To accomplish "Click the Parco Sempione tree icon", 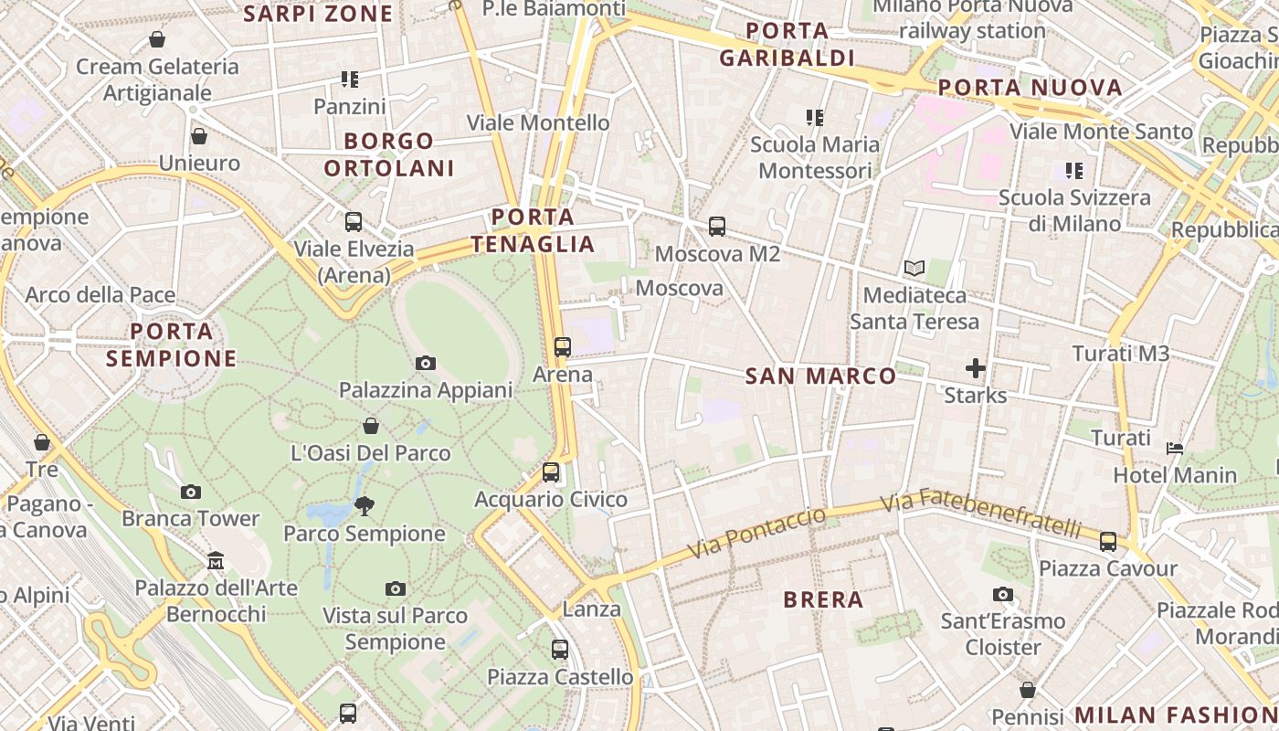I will pyautogui.click(x=365, y=505).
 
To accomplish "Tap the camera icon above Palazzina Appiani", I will pyautogui.click(x=425, y=364).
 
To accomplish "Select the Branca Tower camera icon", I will pyautogui.click(x=190, y=493).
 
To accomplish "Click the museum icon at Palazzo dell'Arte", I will pyautogui.click(x=216, y=559).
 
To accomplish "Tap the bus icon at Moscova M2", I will pyautogui.click(x=716, y=227).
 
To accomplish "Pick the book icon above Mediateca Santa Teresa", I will pyautogui.click(x=914, y=269).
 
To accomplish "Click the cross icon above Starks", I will pyautogui.click(x=976, y=368).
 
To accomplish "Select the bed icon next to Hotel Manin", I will pyautogui.click(x=1175, y=449).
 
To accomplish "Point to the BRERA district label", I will pyautogui.click(x=823, y=600).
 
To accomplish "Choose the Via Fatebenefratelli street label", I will pyautogui.click(x=980, y=514).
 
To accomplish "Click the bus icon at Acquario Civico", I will pyautogui.click(x=550, y=472).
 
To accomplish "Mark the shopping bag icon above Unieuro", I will pyautogui.click(x=198, y=137).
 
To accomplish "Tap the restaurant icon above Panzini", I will pyautogui.click(x=349, y=80).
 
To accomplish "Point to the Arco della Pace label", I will pyautogui.click(x=100, y=295).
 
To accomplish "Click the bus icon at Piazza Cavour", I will pyautogui.click(x=1108, y=542).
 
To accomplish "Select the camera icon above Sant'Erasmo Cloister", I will pyautogui.click(x=1003, y=595).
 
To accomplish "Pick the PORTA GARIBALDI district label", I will pyautogui.click(x=787, y=45).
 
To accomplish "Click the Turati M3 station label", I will pyautogui.click(x=1120, y=354).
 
